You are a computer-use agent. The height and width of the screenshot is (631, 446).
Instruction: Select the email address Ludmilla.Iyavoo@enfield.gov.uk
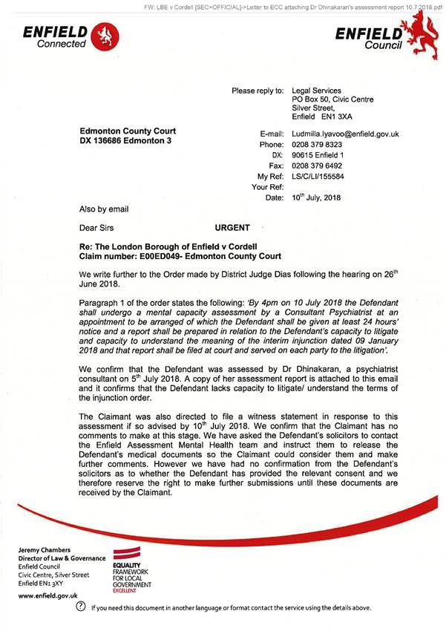click(345, 134)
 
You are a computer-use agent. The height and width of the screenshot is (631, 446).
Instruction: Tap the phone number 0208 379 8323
click(318, 145)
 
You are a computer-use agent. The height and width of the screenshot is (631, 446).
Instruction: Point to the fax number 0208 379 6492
click(318, 166)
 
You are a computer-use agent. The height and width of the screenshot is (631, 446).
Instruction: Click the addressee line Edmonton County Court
click(127, 131)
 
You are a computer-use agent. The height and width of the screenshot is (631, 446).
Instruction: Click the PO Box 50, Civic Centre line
click(332, 99)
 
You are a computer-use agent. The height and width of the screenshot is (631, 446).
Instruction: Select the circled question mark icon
click(82, 607)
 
